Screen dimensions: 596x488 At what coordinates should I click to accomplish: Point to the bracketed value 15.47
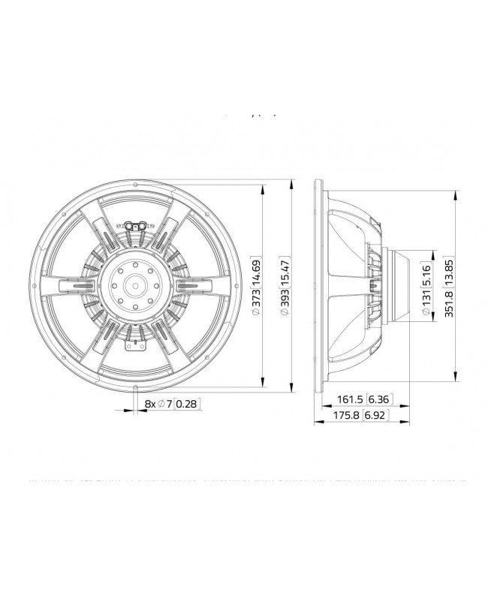283,266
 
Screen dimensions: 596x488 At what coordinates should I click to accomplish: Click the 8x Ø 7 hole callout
157,404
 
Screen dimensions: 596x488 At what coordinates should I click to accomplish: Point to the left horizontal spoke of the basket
73,285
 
